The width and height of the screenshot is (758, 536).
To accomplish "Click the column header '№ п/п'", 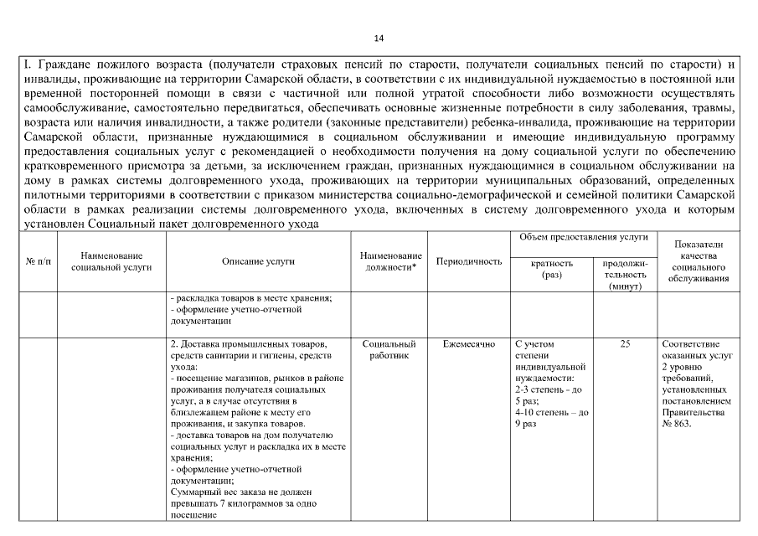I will (37, 261).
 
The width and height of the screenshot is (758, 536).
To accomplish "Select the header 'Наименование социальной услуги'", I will (111, 261).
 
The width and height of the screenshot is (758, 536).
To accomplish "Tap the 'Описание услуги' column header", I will (258, 261).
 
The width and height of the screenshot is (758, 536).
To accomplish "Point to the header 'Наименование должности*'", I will (389, 261).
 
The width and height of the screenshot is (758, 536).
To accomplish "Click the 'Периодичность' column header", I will (469, 261).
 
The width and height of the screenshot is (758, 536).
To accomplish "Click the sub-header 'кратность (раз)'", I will (552, 269).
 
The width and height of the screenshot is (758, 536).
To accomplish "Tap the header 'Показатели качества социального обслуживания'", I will (699, 261).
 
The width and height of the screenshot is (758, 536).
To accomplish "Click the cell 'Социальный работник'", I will (389, 350).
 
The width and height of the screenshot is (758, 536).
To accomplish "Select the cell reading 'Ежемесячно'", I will (469, 344).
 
